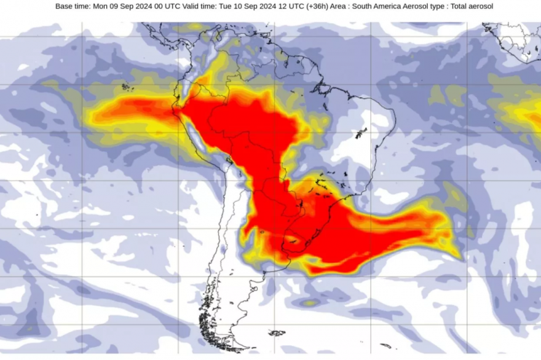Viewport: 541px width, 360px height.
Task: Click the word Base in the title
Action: (x=65, y=6)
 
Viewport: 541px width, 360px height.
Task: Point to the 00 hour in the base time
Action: (x=159, y=6)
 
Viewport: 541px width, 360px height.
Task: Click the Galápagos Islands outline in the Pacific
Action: (x=127, y=88)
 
